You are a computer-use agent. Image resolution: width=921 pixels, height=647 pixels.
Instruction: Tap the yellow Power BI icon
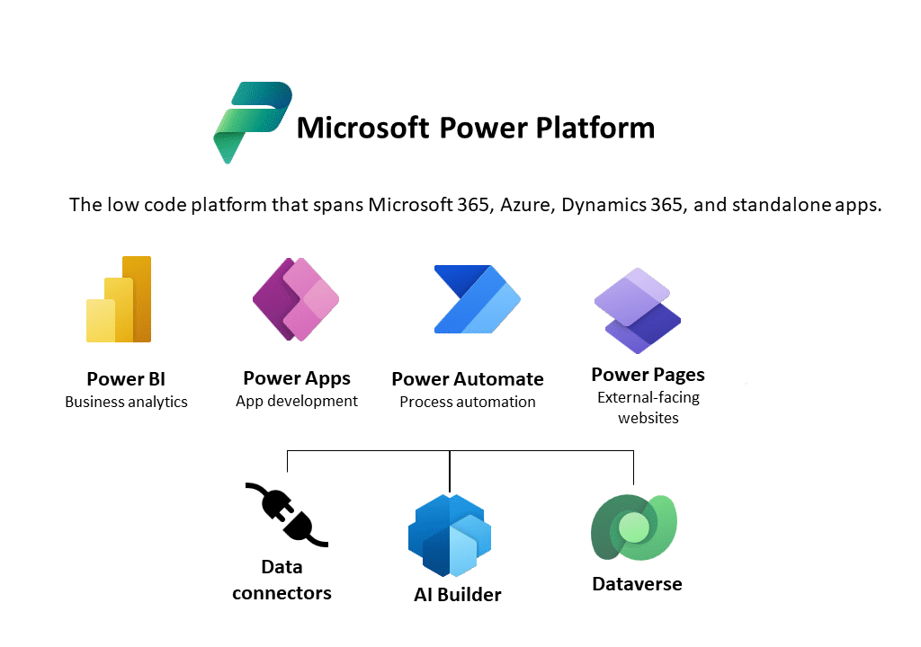pyautogui.click(x=119, y=299)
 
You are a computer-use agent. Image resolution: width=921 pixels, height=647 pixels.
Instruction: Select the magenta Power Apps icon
pyautogui.click(x=296, y=299)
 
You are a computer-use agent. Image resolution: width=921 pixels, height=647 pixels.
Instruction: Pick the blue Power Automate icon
pyautogui.click(x=477, y=299)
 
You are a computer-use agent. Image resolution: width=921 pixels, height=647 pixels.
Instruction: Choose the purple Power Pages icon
pyautogui.click(x=638, y=311)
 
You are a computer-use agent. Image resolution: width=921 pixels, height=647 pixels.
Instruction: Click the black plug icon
pyautogui.click(x=287, y=515)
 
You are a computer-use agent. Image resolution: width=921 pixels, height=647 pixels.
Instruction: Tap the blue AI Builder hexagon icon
pyautogui.click(x=450, y=536)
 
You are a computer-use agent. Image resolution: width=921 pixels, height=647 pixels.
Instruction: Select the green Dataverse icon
pyautogui.click(x=634, y=527)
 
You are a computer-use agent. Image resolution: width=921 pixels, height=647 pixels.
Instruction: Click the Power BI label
pyautogui.click(x=126, y=379)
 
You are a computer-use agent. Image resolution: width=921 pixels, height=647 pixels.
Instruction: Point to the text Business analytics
pyautogui.click(x=126, y=402)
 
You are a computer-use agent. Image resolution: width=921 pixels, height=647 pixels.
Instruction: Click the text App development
pyautogui.click(x=297, y=401)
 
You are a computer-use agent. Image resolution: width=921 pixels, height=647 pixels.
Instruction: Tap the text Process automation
pyautogui.click(x=468, y=402)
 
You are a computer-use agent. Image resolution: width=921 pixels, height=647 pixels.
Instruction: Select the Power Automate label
pyautogui.click(x=468, y=379)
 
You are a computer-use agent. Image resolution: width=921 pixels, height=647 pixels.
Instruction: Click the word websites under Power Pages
pyautogui.click(x=648, y=418)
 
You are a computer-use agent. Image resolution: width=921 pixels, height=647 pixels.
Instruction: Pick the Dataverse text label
pyautogui.click(x=638, y=584)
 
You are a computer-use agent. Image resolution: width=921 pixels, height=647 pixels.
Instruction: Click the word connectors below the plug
pyautogui.click(x=282, y=593)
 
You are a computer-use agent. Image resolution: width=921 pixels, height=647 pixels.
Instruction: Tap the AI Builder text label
pyautogui.click(x=458, y=595)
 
